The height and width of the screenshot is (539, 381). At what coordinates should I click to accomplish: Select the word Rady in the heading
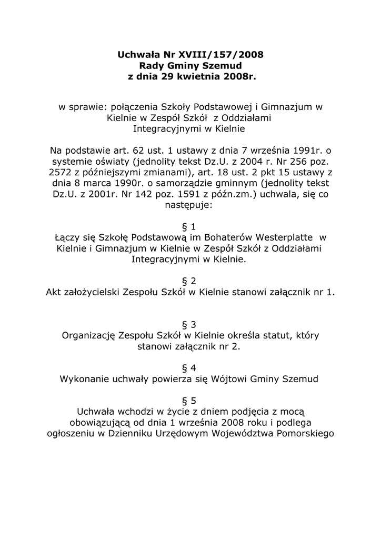tap(151, 65)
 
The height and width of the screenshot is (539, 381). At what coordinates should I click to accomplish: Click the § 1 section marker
tap(190, 227)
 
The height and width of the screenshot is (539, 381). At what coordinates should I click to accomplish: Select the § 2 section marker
tap(190, 281)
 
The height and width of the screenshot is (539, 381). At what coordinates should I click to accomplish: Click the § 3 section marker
tap(190, 324)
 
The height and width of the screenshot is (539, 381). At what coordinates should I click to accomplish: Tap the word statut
tap(279, 335)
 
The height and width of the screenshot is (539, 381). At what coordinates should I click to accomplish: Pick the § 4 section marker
tap(190, 367)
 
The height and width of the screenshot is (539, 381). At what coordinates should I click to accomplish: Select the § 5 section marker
tap(190, 401)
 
